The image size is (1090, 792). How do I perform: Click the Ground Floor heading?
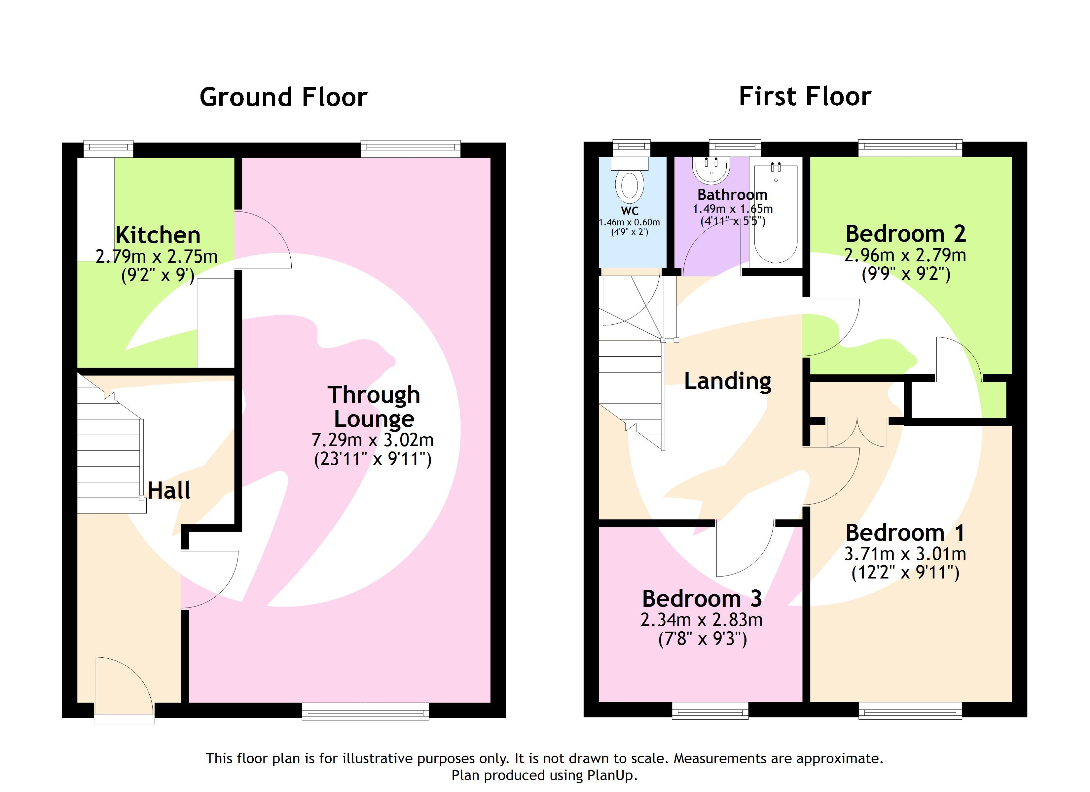pos(283,97)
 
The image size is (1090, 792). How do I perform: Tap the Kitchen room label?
pos(158,235)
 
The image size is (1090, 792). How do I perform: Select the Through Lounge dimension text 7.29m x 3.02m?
pos(373,440)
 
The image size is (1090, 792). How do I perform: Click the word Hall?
pos(169,490)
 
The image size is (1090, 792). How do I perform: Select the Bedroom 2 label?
pos(905,234)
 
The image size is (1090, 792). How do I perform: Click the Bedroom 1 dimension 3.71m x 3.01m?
pos(905,554)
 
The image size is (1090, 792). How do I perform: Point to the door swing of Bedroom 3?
pos(743,550)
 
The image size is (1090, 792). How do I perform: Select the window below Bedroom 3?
pos(710,710)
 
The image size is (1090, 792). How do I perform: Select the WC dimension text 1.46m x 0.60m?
pos(629,222)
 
